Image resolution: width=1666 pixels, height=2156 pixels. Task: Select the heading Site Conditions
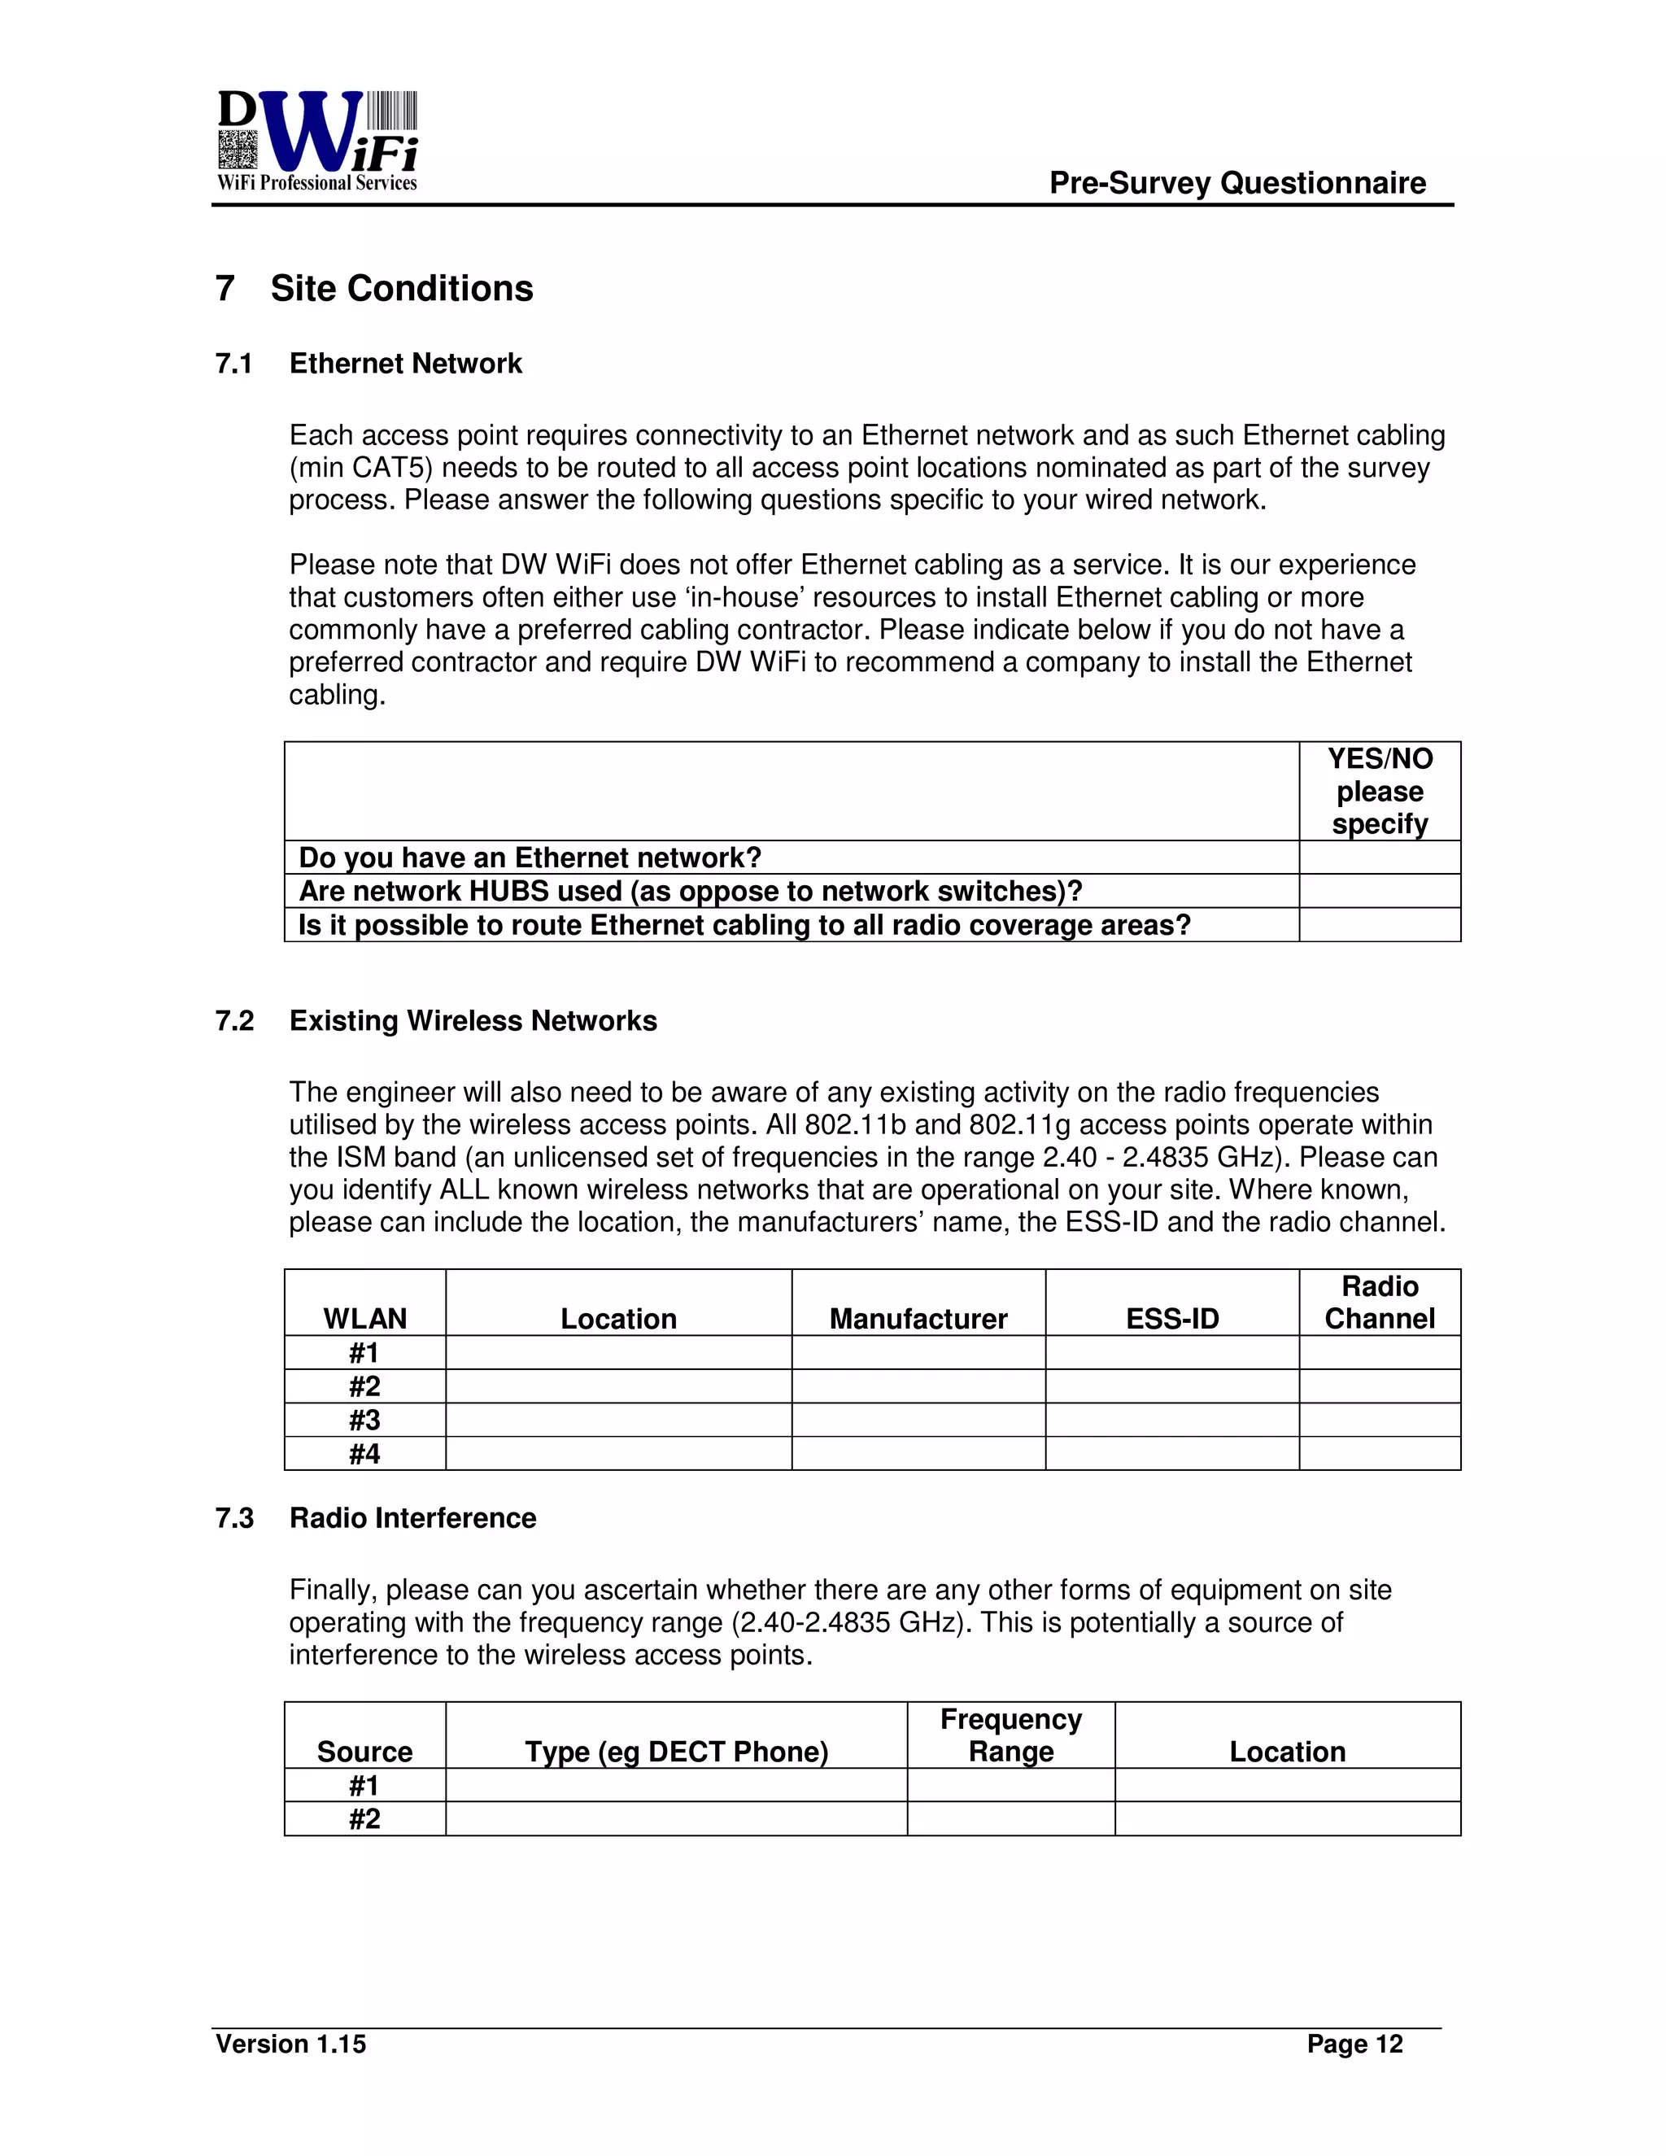pos(401,288)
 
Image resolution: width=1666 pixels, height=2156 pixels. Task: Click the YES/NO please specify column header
pos(1379,791)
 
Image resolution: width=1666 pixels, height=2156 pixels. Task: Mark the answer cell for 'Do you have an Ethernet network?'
pos(1379,857)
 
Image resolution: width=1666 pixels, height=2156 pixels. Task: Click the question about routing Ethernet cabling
pos(744,925)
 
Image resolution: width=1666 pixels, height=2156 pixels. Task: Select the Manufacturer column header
pos(918,1318)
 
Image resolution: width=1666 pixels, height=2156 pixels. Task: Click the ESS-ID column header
pos(1171,1318)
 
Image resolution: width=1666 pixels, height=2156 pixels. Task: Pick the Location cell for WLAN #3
pos(618,1420)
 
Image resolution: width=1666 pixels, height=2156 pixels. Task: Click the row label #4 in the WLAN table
pos(364,1453)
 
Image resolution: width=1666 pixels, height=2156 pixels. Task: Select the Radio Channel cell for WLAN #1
pos(1379,1352)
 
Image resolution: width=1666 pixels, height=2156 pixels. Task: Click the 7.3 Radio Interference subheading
pos(412,1517)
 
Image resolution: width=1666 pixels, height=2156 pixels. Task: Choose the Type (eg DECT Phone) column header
pos(676,1752)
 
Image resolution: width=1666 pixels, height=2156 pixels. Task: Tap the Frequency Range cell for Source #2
pos(1010,1818)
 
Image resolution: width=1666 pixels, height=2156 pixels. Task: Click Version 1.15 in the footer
pos(290,2044)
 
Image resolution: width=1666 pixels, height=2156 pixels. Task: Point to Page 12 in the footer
pos(1354,2044)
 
